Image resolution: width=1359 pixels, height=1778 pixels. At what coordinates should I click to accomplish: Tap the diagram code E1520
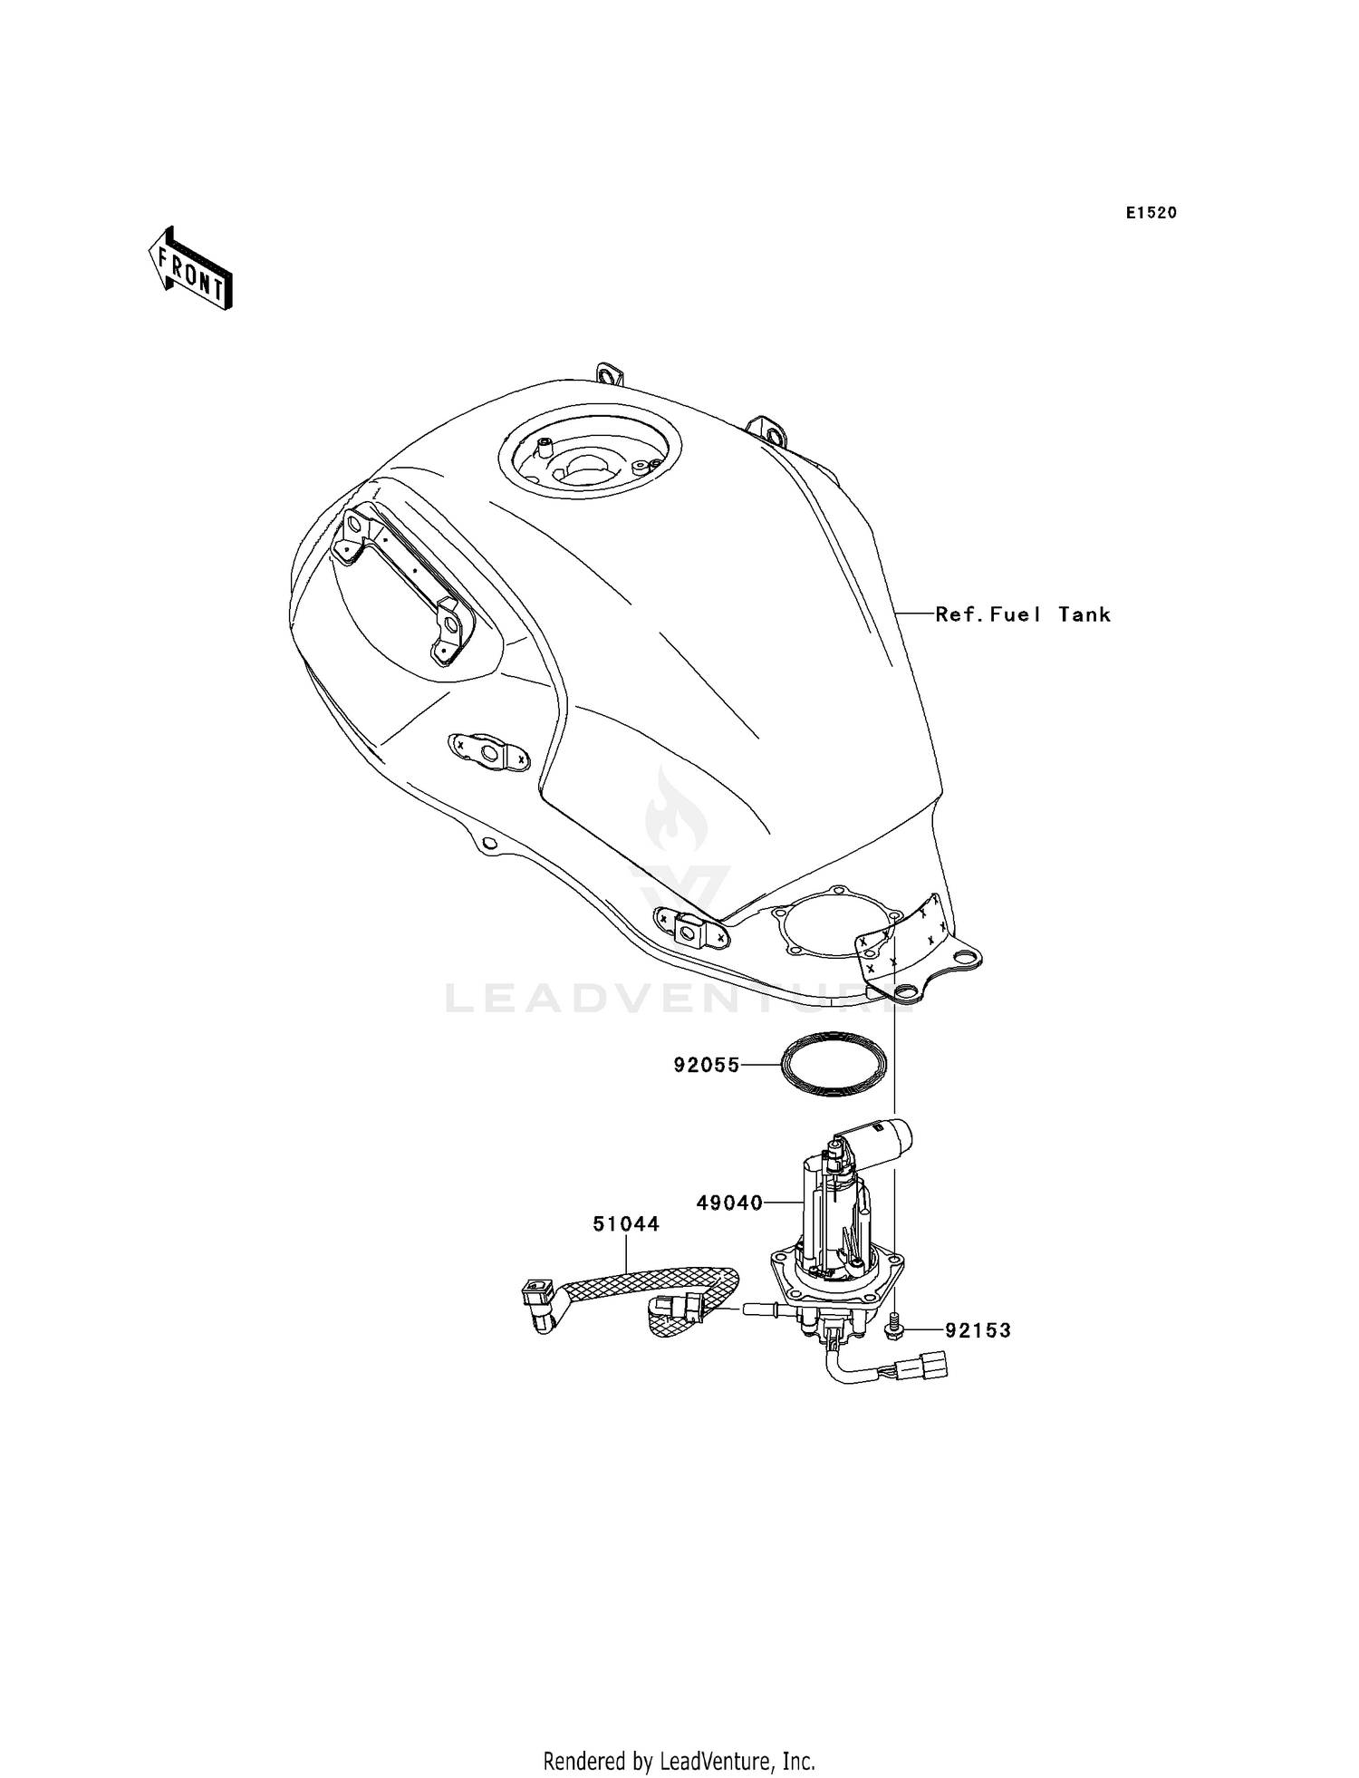tap(1151, 213)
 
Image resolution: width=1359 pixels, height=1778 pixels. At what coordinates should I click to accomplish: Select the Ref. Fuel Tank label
tap(1022, 614)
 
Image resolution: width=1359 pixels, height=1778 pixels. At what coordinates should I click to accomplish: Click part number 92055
tap(706, 1066)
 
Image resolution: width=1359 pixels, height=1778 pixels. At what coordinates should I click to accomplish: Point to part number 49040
tap(729, 1203)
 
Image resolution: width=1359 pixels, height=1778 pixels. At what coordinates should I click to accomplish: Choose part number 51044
tap(626, 1223)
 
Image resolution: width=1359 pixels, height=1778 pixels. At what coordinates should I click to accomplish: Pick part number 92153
tap(978, 1330)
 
